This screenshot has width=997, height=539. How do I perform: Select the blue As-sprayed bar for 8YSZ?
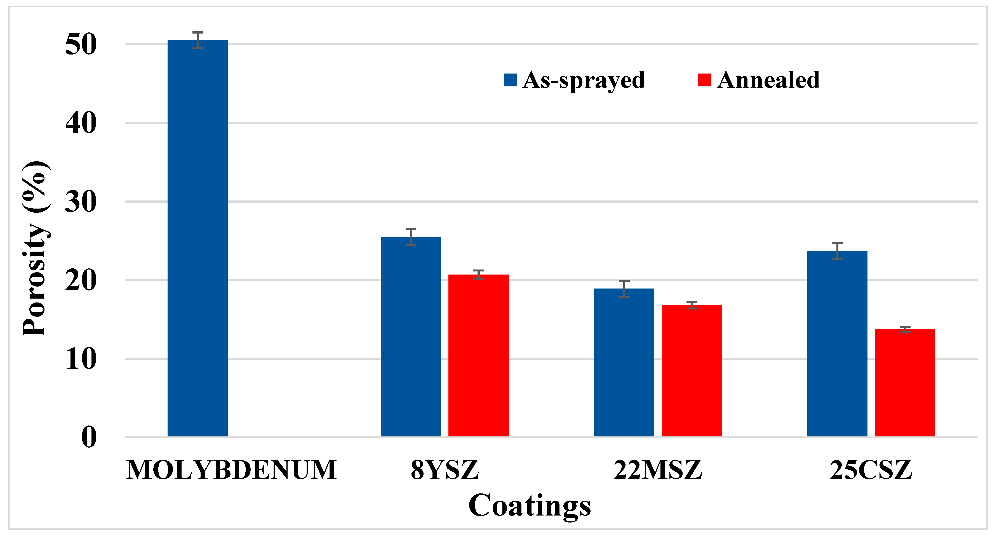click(411, 336)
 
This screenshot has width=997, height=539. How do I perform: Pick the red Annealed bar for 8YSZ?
click(478, 355)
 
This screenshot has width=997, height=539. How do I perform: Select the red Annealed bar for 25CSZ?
click(905, 383)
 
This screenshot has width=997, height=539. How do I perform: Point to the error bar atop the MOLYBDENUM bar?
click(198, 40)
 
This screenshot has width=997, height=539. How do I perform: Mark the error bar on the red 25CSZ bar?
click(905, 329)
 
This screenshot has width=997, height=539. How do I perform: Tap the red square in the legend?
click(704, 80)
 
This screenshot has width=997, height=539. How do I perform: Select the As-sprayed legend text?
click(584, 80)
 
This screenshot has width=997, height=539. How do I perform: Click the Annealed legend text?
click(768, 80)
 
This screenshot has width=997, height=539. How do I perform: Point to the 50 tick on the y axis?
click(81, 44)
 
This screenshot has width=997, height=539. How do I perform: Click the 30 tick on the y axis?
click(81, 202)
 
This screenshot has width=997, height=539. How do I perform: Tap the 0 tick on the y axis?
click(89, 437)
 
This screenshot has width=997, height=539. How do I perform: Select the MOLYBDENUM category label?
click(231, 470)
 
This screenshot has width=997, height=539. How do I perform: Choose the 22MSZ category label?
click(658, 470)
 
